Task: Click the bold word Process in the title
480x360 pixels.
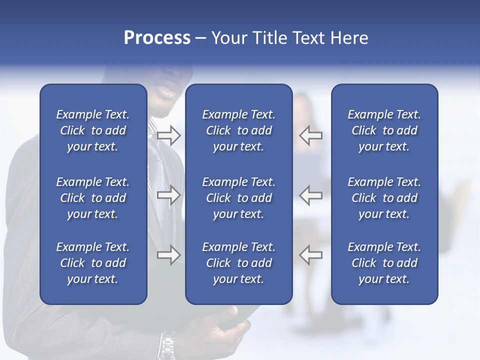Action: tap(157, 38)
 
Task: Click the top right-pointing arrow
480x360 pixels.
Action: tap(168, 135)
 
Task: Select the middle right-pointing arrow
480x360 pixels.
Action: tap(168, 195)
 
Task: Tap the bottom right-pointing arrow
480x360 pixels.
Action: tap(168, 255)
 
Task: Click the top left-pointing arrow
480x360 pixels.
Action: tap(310, 135)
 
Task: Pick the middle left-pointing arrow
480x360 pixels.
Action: tap(310, 195)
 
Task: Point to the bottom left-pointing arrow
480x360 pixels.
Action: tap(310, 255)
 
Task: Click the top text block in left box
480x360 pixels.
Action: tap(93, 130)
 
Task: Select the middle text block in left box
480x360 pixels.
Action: tap(93, 198)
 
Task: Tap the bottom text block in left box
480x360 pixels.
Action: tap(93, 263)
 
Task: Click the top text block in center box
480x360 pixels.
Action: tap(238, 130)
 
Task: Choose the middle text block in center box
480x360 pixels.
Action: tap(238, 198)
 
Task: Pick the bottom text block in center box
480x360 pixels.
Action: tap(238, 263)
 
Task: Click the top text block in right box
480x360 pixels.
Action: tap(384, 130)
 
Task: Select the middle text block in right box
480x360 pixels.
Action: tap(384, 198)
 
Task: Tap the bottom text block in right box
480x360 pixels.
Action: tap(384, 263)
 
